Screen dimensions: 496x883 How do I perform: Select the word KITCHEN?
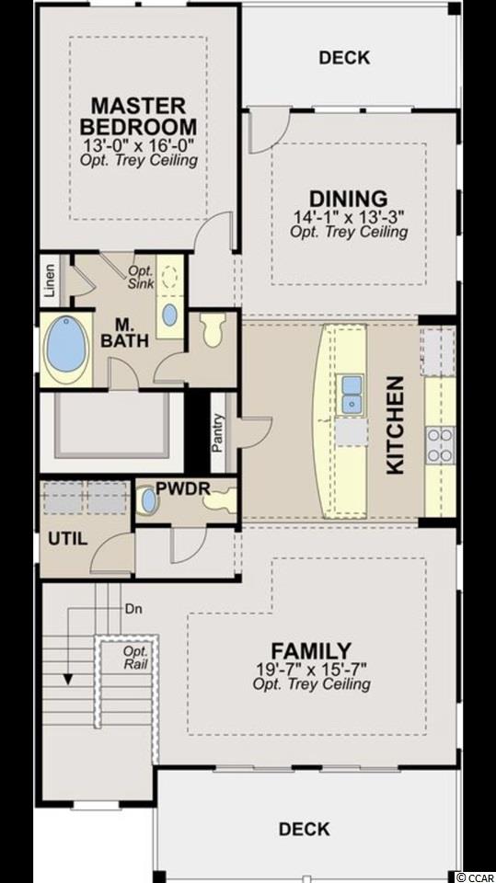[x=396, y=425]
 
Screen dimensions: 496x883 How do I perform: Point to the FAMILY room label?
[x=311, y=651]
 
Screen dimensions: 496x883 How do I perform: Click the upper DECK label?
[x=344, y=57]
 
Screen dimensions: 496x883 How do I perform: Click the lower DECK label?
[x=305, y=829]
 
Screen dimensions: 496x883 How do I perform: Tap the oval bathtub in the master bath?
[x=66, y=350]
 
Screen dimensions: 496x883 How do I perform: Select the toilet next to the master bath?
[x=213, y=329]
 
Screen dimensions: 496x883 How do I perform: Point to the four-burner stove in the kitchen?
[x=440, y=444]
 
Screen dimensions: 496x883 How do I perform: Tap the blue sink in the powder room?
[x=149, y=501]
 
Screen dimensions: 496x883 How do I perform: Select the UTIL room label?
[x=68, y=539]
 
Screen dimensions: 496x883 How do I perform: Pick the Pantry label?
[x=218, y=433]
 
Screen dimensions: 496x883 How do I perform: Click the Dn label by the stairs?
[x=133, y=609]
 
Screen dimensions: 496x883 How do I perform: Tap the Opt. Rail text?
[x=136, y=658]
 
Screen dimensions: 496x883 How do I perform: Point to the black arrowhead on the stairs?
[x=68, y=679]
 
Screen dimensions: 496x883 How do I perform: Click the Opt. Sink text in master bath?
[x=141, y=277]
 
